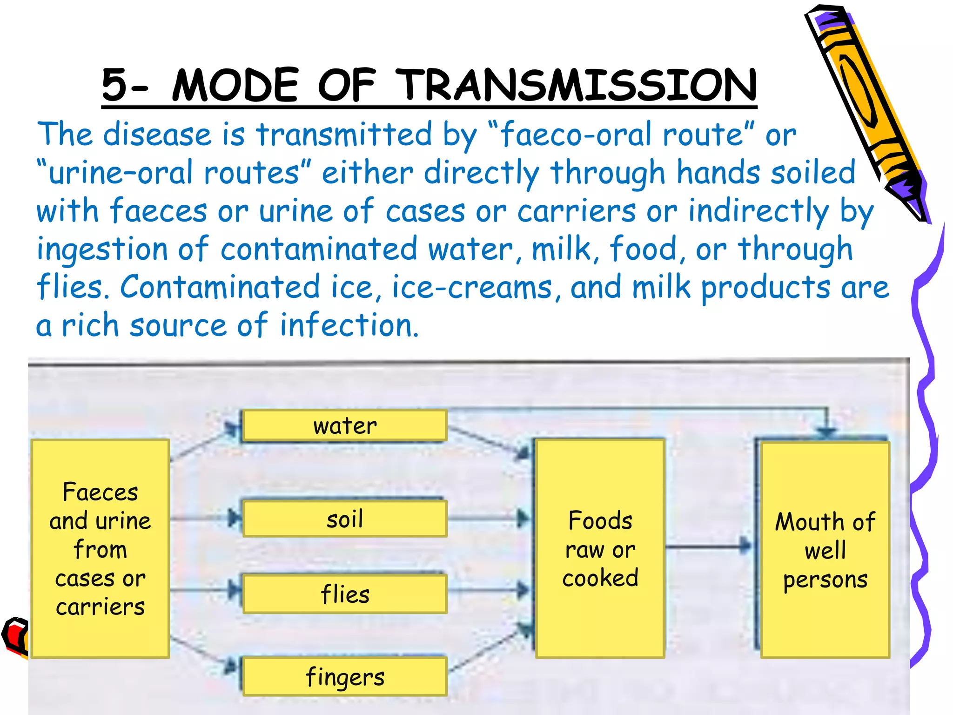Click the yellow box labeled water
pyautogui.click(x=344, y=425)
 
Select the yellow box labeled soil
pyautogui.click(x=344, y=519)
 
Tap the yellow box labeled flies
pyautogui.click(x=344, y=594)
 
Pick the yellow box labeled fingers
pyautogui.click(x=344, y=676)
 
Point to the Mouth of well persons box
pyautogui.click(x=825, y=549)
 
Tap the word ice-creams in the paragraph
pyautogui.click(x=471, y=287)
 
